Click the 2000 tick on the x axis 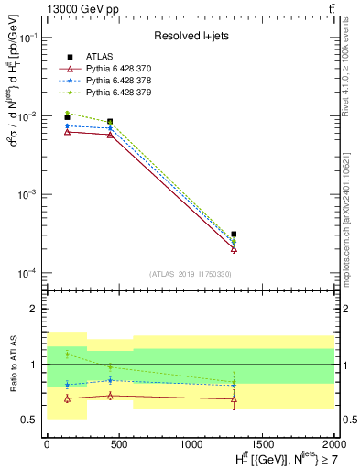click(x=334, y=442)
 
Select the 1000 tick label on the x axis click(x=191, y=442)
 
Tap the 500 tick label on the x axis click(x=119, y=442)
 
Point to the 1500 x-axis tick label click(x=262, y=442)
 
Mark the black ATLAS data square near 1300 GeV click(x=234, y=234)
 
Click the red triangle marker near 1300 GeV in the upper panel click(x=234, y=248)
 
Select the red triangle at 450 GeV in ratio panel click(x=110, y=396)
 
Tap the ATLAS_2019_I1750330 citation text click(x=191, y=274)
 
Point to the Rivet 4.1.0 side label click(x=353, y=64)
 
